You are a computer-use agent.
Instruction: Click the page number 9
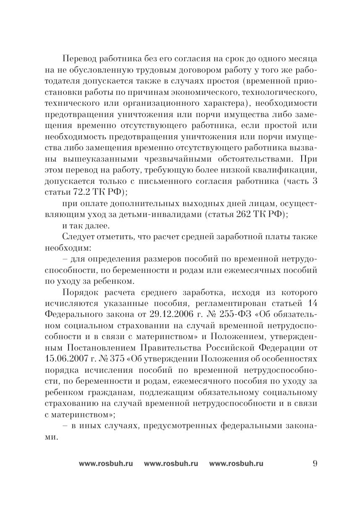pos(315,463)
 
